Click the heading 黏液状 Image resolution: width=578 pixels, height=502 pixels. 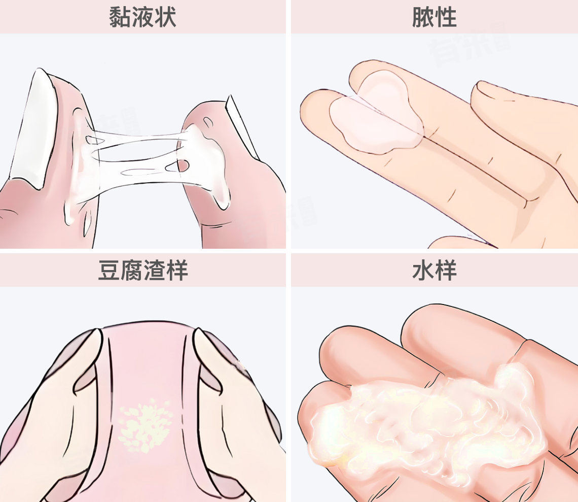pos(142,17)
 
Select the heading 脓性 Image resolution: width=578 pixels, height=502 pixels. pos(435,17)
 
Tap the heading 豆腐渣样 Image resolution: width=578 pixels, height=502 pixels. pos(143,270)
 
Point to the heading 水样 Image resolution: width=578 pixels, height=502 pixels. pos(435,270)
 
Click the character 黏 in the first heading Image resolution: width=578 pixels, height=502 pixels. pos(120,17)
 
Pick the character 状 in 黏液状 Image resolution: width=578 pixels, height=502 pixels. pos(165,17)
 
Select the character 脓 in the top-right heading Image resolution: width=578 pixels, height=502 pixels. pos(423,17)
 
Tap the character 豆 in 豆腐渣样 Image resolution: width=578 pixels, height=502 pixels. pos(109,270)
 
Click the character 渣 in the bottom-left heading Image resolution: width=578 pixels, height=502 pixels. pos(155,270)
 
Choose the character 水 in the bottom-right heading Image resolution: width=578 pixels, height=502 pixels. pos(423,270)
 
